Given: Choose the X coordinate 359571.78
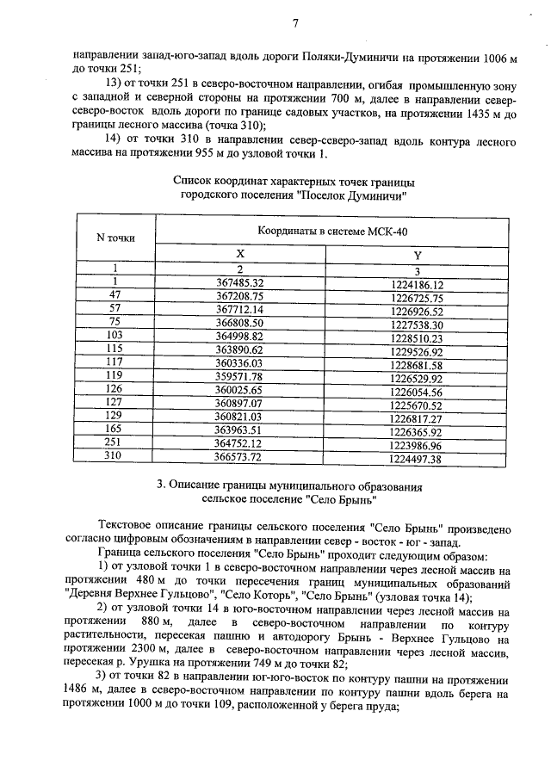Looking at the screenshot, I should [239, 376].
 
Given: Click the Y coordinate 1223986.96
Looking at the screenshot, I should [415, 446].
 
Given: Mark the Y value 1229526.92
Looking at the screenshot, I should [415, 349].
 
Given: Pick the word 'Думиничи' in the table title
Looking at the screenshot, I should [375, 195].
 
